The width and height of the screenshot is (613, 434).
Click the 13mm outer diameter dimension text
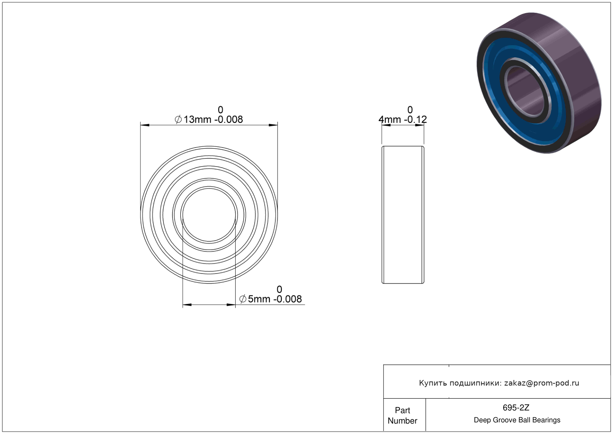(197, 120)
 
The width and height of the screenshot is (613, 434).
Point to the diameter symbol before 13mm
(178, 120)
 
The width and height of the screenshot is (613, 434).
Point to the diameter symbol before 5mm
(243, 299)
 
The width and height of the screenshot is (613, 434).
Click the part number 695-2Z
(516, 408)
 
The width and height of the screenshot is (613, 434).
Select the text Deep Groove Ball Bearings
(517, 420)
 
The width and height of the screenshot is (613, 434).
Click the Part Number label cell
(402, 415)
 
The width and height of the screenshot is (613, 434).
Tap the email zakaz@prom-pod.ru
(541, 383)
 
